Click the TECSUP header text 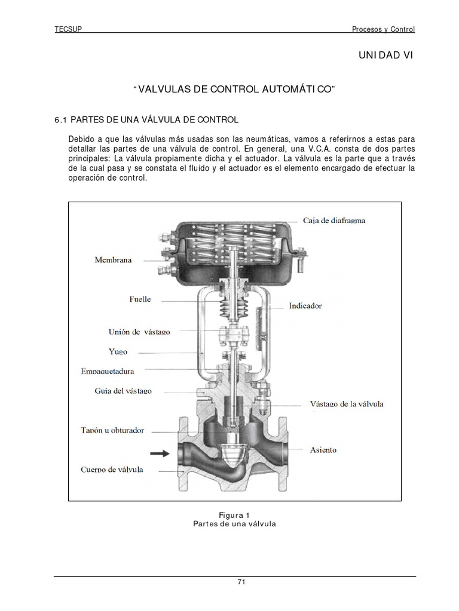(x=68, y=29)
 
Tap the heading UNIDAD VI (x=385, y=55)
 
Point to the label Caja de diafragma (x=334, y=220)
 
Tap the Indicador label (x=305, y=305)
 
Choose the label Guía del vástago (x=123, y=391)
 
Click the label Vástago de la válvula (x=347, y=404)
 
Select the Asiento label (x=323, y=449)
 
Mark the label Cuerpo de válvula (x=112, y=470)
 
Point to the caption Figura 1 (x=234, y=514)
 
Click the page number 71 (x=234, y=582)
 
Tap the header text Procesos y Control (x=382, y=29)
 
